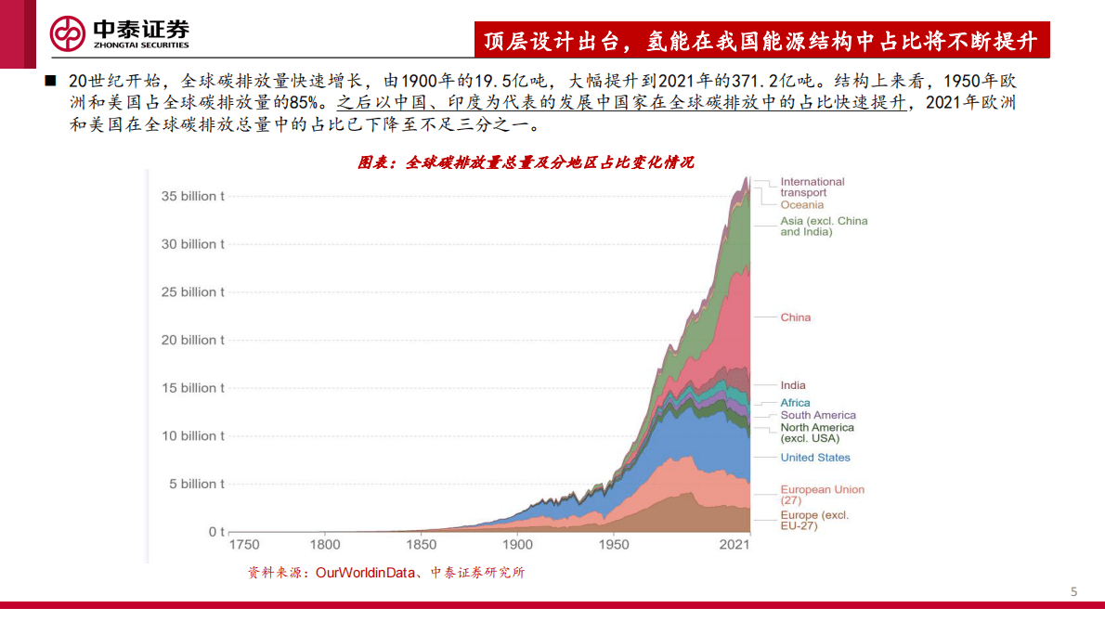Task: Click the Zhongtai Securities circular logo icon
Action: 68,34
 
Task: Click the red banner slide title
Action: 760,41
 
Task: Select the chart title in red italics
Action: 526,162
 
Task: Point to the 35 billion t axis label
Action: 193,196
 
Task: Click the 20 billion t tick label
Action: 193,340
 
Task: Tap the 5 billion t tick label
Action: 197,484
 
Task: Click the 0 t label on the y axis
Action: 216,532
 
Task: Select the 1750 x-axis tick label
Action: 243,545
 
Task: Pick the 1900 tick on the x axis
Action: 517,545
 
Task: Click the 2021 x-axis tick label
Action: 734,545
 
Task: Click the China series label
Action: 795,317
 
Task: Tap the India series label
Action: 793,385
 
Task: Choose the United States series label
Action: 814,458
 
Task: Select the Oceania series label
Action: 801,205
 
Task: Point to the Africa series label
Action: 795,403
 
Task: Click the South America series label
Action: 818,415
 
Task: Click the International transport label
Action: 812,187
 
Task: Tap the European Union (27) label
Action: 822,495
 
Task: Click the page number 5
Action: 1074,592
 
